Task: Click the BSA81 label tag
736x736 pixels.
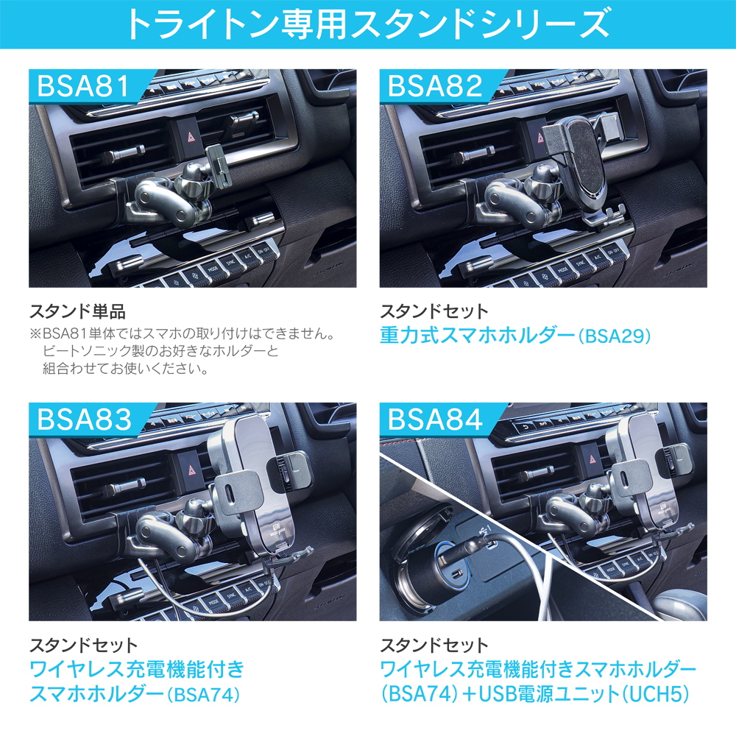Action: pyautogui.click(x=89, y=86)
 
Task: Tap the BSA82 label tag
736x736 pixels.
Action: pyautogui.click(x=440, y=86)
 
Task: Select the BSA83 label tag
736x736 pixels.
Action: pyautogui.click(x=89, y=420)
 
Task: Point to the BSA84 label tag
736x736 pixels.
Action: pyautogui.click(x=440, y=420)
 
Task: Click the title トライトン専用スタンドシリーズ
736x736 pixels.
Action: pyautogui.click(x=368, y=24)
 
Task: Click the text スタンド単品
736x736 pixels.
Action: pyautogui.click(x=77, y=311)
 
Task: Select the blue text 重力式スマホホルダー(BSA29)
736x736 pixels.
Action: pyautogui.click(x=515, y=336)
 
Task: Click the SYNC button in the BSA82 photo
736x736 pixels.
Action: pyautogui.click(x=580, y=263)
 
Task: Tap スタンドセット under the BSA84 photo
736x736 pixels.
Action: pyautogui.click(x=434, y=645)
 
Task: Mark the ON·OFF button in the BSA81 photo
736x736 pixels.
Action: pyautogui.click(x=263, y=250)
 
